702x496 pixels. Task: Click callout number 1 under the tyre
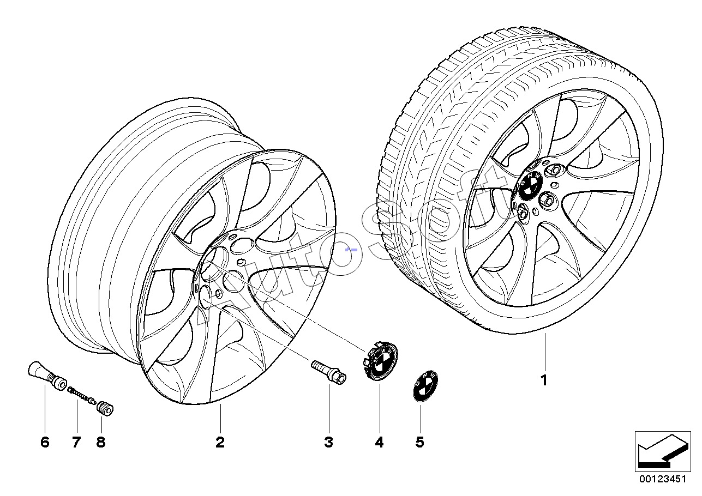[x=543, y=380]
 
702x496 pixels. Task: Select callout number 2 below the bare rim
[x=220, y=442]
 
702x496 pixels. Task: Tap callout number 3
[x=328, y=442]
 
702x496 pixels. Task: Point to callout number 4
[x=379, y=442]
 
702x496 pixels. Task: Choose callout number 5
[x=419, y=442]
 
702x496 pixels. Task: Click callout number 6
[x=45, y=442]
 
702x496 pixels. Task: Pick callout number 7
[x=76, y=442]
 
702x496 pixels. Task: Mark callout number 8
[x=100, y=442]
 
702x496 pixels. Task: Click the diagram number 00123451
[x=662, y=480]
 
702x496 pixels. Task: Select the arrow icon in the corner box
[x=661, y=451]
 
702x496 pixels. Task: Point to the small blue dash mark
[x=352, y=249]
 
